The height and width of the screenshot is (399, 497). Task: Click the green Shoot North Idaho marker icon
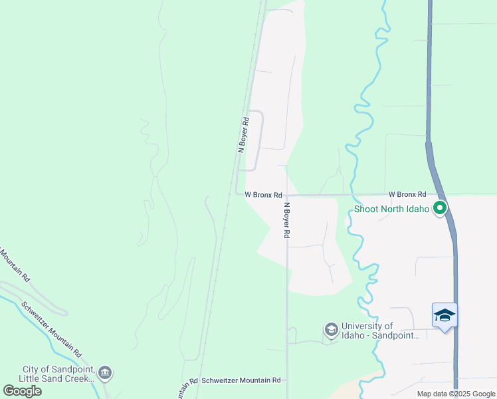pos(439,209)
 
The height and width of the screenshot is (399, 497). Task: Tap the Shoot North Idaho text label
pos(392,209)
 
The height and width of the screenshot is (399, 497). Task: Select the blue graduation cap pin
pos(445,315)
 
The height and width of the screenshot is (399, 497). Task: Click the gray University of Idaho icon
pos(331,330)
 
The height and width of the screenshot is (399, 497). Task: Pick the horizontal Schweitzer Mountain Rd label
pos(241,380)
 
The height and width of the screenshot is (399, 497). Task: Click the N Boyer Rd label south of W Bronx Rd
pos(288,221)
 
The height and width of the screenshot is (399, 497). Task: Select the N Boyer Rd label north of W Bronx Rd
pos(244,135)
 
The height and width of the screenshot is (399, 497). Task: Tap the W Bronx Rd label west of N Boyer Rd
pos(264,195)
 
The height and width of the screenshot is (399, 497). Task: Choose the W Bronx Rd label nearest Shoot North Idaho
pos(407,194)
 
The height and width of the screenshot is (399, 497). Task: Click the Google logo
pos(23,391)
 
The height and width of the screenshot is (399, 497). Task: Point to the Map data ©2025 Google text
pos(456,394)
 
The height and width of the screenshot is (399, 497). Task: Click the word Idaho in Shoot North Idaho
pos(416,209)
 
